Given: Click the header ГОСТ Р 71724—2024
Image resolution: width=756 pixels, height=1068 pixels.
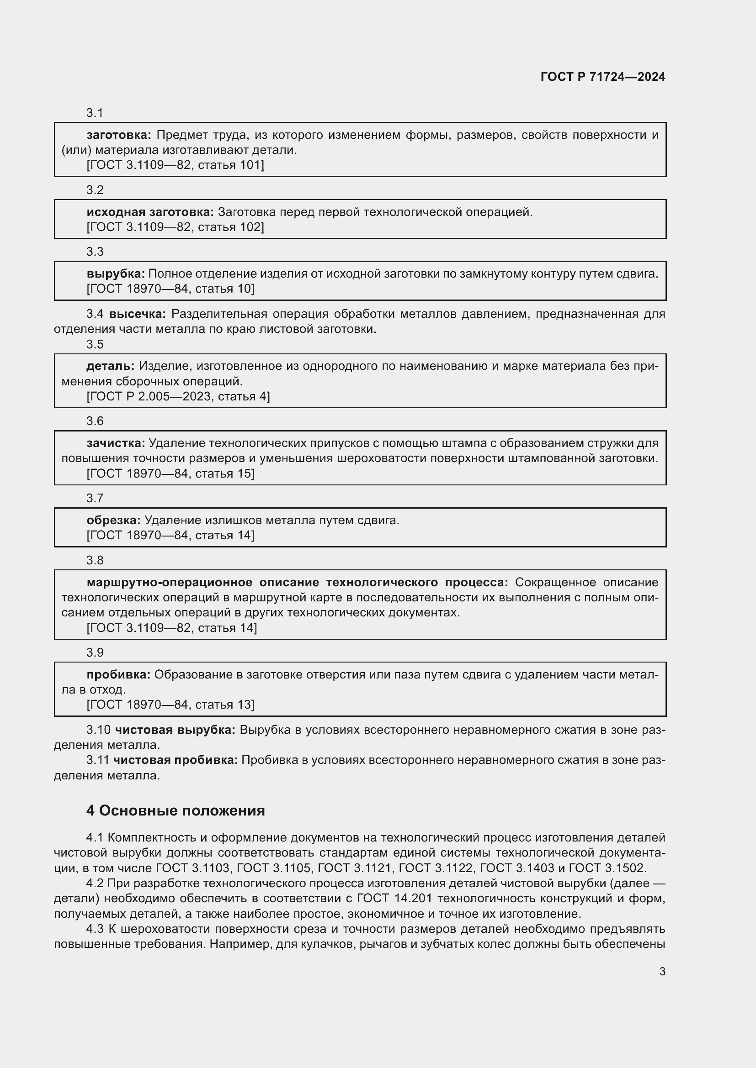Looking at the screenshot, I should tap(603, 77).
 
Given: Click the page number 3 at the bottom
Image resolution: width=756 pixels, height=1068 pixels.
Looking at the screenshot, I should tap(662, 971).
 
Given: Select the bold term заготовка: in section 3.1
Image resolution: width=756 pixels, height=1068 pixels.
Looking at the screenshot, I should tap(119, 135).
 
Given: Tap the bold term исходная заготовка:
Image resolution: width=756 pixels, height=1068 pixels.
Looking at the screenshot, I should tap(150, 212).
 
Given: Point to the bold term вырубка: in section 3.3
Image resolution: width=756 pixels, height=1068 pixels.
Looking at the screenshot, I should tap(116, 274).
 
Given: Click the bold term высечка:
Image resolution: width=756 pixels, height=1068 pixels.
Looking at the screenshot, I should tap(137, 314).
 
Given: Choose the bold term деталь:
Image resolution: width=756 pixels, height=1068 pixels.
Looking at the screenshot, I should tap(110, 366).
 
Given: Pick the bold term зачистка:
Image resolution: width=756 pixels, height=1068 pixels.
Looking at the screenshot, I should tap(116, 443).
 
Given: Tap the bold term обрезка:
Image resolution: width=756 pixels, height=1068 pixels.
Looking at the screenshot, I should tap(113, 520).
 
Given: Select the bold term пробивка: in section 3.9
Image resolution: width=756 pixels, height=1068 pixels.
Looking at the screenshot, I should tap(118, 674).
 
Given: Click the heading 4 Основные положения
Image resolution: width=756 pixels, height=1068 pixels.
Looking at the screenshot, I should tap(176, 811).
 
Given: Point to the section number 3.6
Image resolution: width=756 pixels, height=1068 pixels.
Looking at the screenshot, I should tap(95, 421).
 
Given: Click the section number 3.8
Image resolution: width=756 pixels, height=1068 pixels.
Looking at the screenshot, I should tap(95, 560).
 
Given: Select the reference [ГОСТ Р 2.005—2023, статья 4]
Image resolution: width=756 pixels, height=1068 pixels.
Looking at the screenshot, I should tap(178, 396).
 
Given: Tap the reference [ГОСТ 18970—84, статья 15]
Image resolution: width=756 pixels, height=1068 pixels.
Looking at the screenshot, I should tap(170, 473).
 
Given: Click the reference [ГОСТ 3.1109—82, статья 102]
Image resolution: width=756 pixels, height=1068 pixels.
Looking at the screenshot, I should tap(175, 227).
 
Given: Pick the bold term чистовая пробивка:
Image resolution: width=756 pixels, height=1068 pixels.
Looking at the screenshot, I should tap(176, 760).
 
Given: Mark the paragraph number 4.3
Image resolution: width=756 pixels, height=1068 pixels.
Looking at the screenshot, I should tap(95, 929).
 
